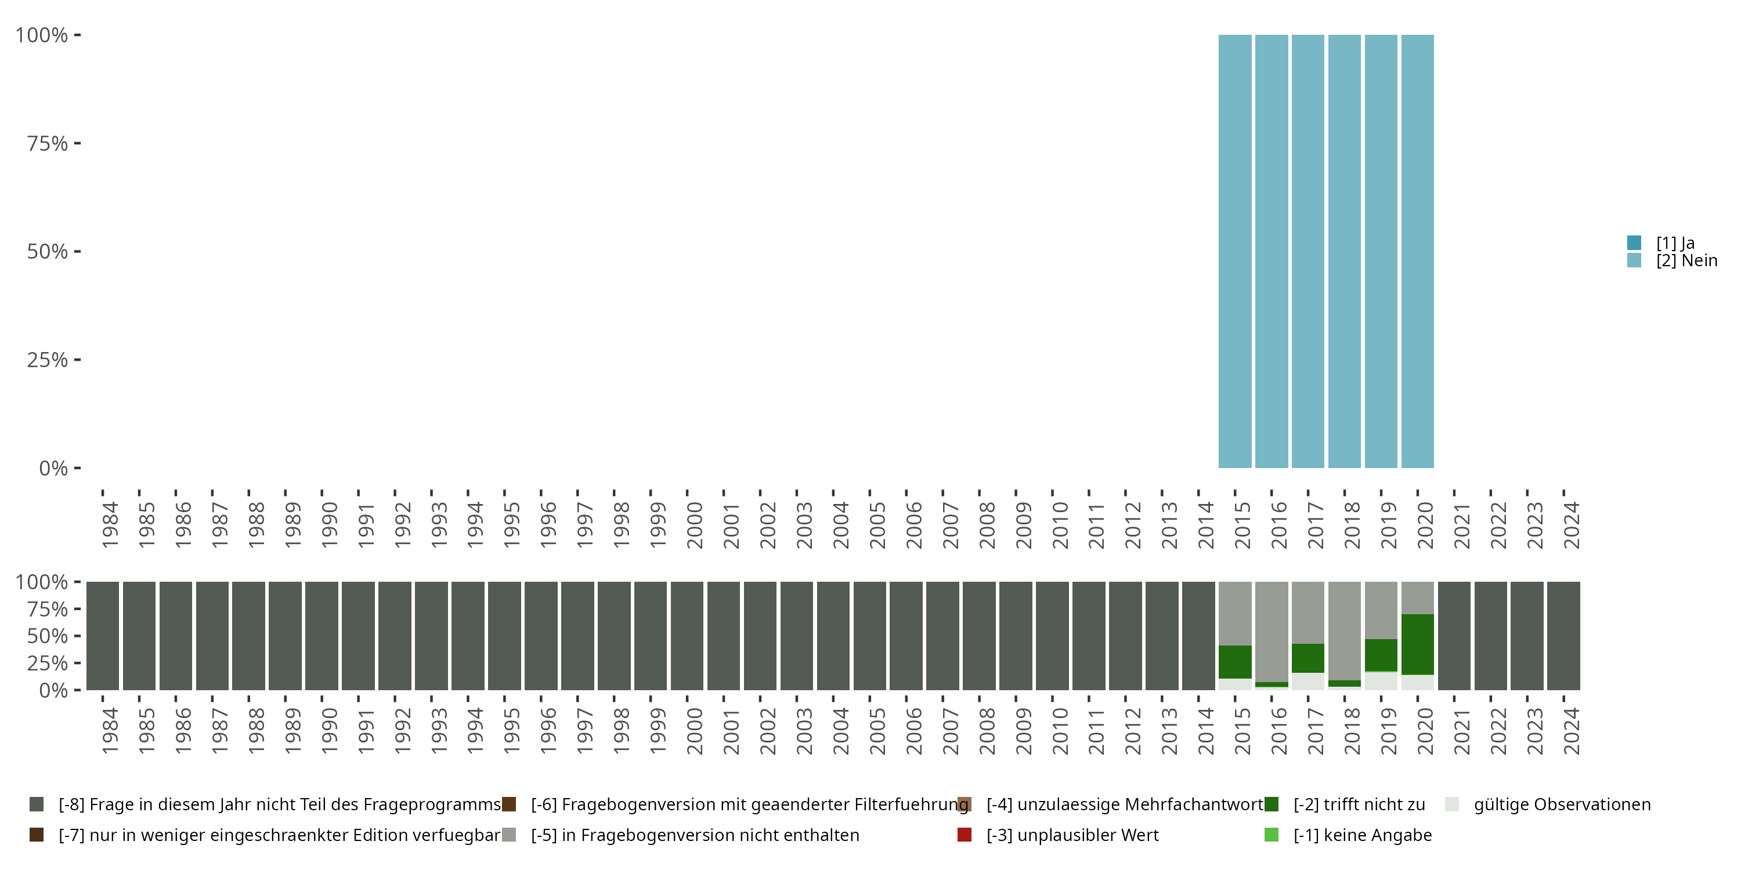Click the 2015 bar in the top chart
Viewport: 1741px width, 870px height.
[x=1235, y=251]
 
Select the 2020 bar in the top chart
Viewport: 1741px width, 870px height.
[x=1417, y=251]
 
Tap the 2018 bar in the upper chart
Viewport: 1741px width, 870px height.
[x=1344, y=251]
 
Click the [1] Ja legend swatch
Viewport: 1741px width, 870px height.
[x=1634, y=242]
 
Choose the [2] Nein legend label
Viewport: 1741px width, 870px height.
[x=1686, y=261]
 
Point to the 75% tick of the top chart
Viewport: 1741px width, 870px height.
[x=48, y=143]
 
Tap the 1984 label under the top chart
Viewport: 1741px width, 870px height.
[x=110, y=525]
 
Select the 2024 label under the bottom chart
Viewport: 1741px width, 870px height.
[x=1572, y=731]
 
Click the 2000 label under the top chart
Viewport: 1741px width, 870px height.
[x=694, y=525]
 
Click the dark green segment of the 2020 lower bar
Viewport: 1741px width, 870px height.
[x=1417, y=644]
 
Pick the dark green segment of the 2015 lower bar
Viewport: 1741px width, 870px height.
[x=1235, y=662]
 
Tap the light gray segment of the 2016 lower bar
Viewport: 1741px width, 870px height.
[x=1272, y=632]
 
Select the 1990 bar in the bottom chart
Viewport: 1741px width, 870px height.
[x=322, y=636]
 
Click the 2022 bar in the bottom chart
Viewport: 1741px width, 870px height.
[x=1490, y=636]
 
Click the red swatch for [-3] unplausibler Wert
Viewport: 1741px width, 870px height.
[x=965, y=835]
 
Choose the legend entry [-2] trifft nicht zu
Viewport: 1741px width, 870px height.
[x=1359, y=804]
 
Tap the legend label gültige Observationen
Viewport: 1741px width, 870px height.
[x=1562, y=804]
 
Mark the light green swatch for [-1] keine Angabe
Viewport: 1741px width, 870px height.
[x=1272, y=835]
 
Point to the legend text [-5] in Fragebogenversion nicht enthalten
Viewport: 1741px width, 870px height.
[x=695, y=835]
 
